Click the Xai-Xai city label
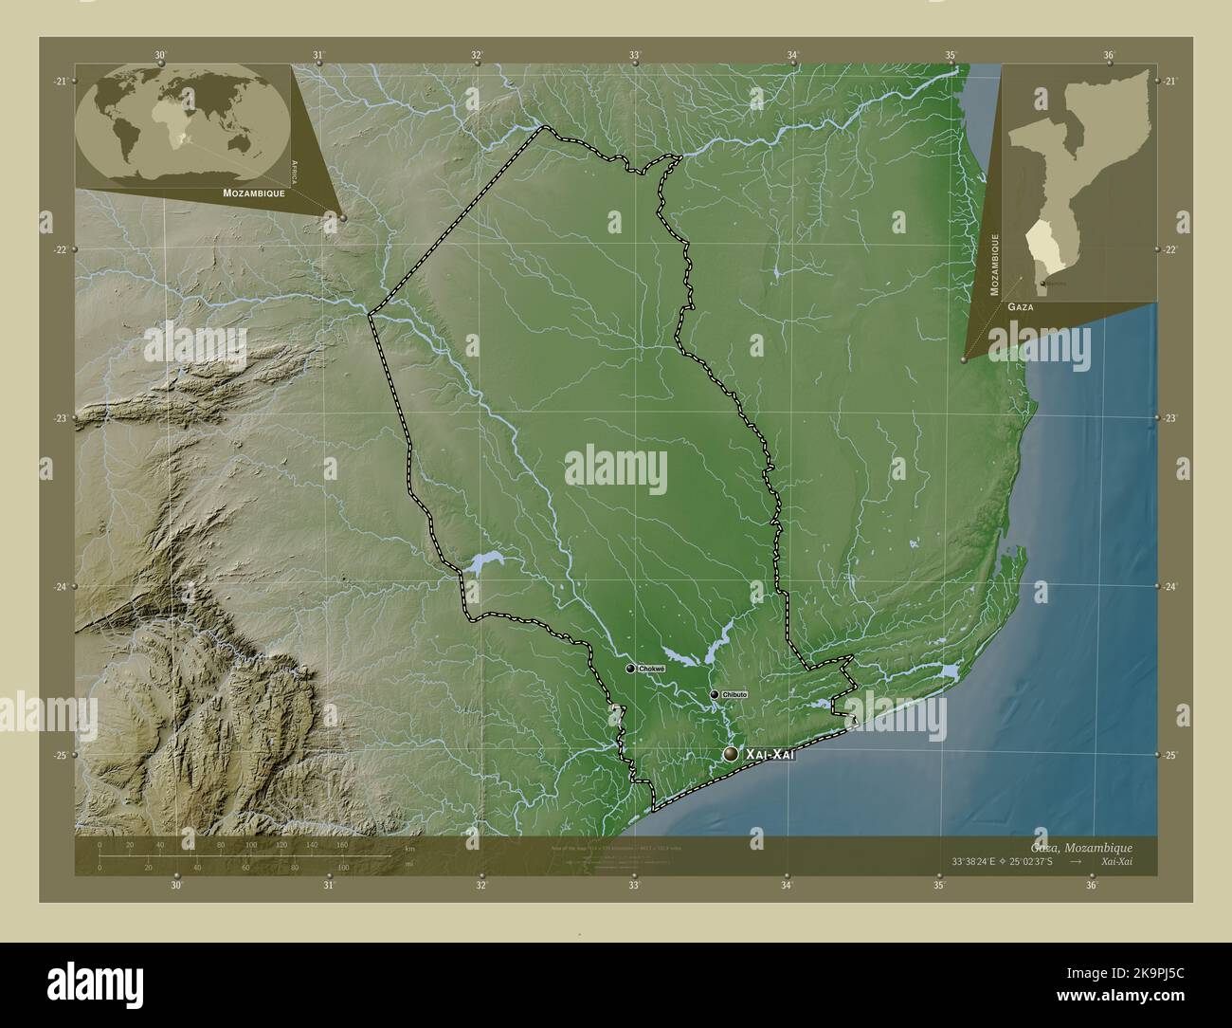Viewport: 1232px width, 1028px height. (769, 754)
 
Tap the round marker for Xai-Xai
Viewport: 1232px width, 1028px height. (731, 754)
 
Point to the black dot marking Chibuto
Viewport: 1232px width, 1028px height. (715, 695)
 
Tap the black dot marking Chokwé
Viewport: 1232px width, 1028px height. (630, 669)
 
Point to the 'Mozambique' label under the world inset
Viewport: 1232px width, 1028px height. (254, 193)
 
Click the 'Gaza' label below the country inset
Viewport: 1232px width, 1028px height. (1021, 308)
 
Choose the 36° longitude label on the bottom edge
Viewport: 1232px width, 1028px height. (1092, 886)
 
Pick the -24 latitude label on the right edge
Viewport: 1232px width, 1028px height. (1171, 587)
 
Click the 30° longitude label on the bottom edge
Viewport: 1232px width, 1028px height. (175, 886)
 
